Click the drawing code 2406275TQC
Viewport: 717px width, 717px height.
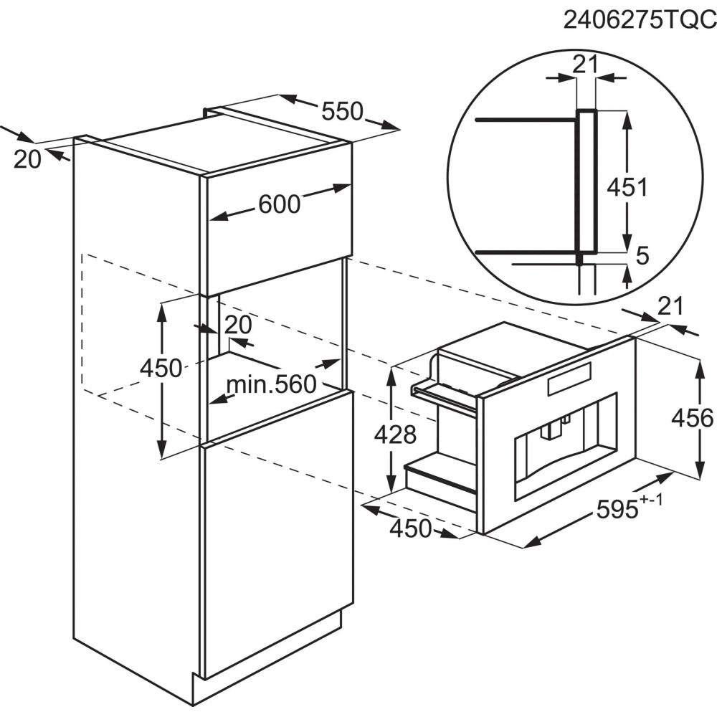click(640, 20)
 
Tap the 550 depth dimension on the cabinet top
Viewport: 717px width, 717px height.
click(342, 111)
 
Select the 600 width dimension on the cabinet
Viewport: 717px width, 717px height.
click(280, 204)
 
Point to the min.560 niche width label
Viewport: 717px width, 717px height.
click(272, 384)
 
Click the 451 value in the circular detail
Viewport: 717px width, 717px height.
click(627, 186)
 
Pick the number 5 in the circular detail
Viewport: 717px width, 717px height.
click(642, 256)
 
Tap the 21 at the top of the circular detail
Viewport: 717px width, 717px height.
click(585, 65)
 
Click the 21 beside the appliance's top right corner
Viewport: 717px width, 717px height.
click(670, 306)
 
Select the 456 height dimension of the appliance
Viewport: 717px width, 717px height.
click(693, 418)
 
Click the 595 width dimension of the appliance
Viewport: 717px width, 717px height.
click(617, 509)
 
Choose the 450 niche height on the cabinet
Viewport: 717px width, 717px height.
click(161, 368)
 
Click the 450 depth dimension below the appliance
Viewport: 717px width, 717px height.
click(410, 528)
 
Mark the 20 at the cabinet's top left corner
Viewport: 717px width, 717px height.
click(27, 160)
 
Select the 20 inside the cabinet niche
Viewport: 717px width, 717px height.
click(238, 325)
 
